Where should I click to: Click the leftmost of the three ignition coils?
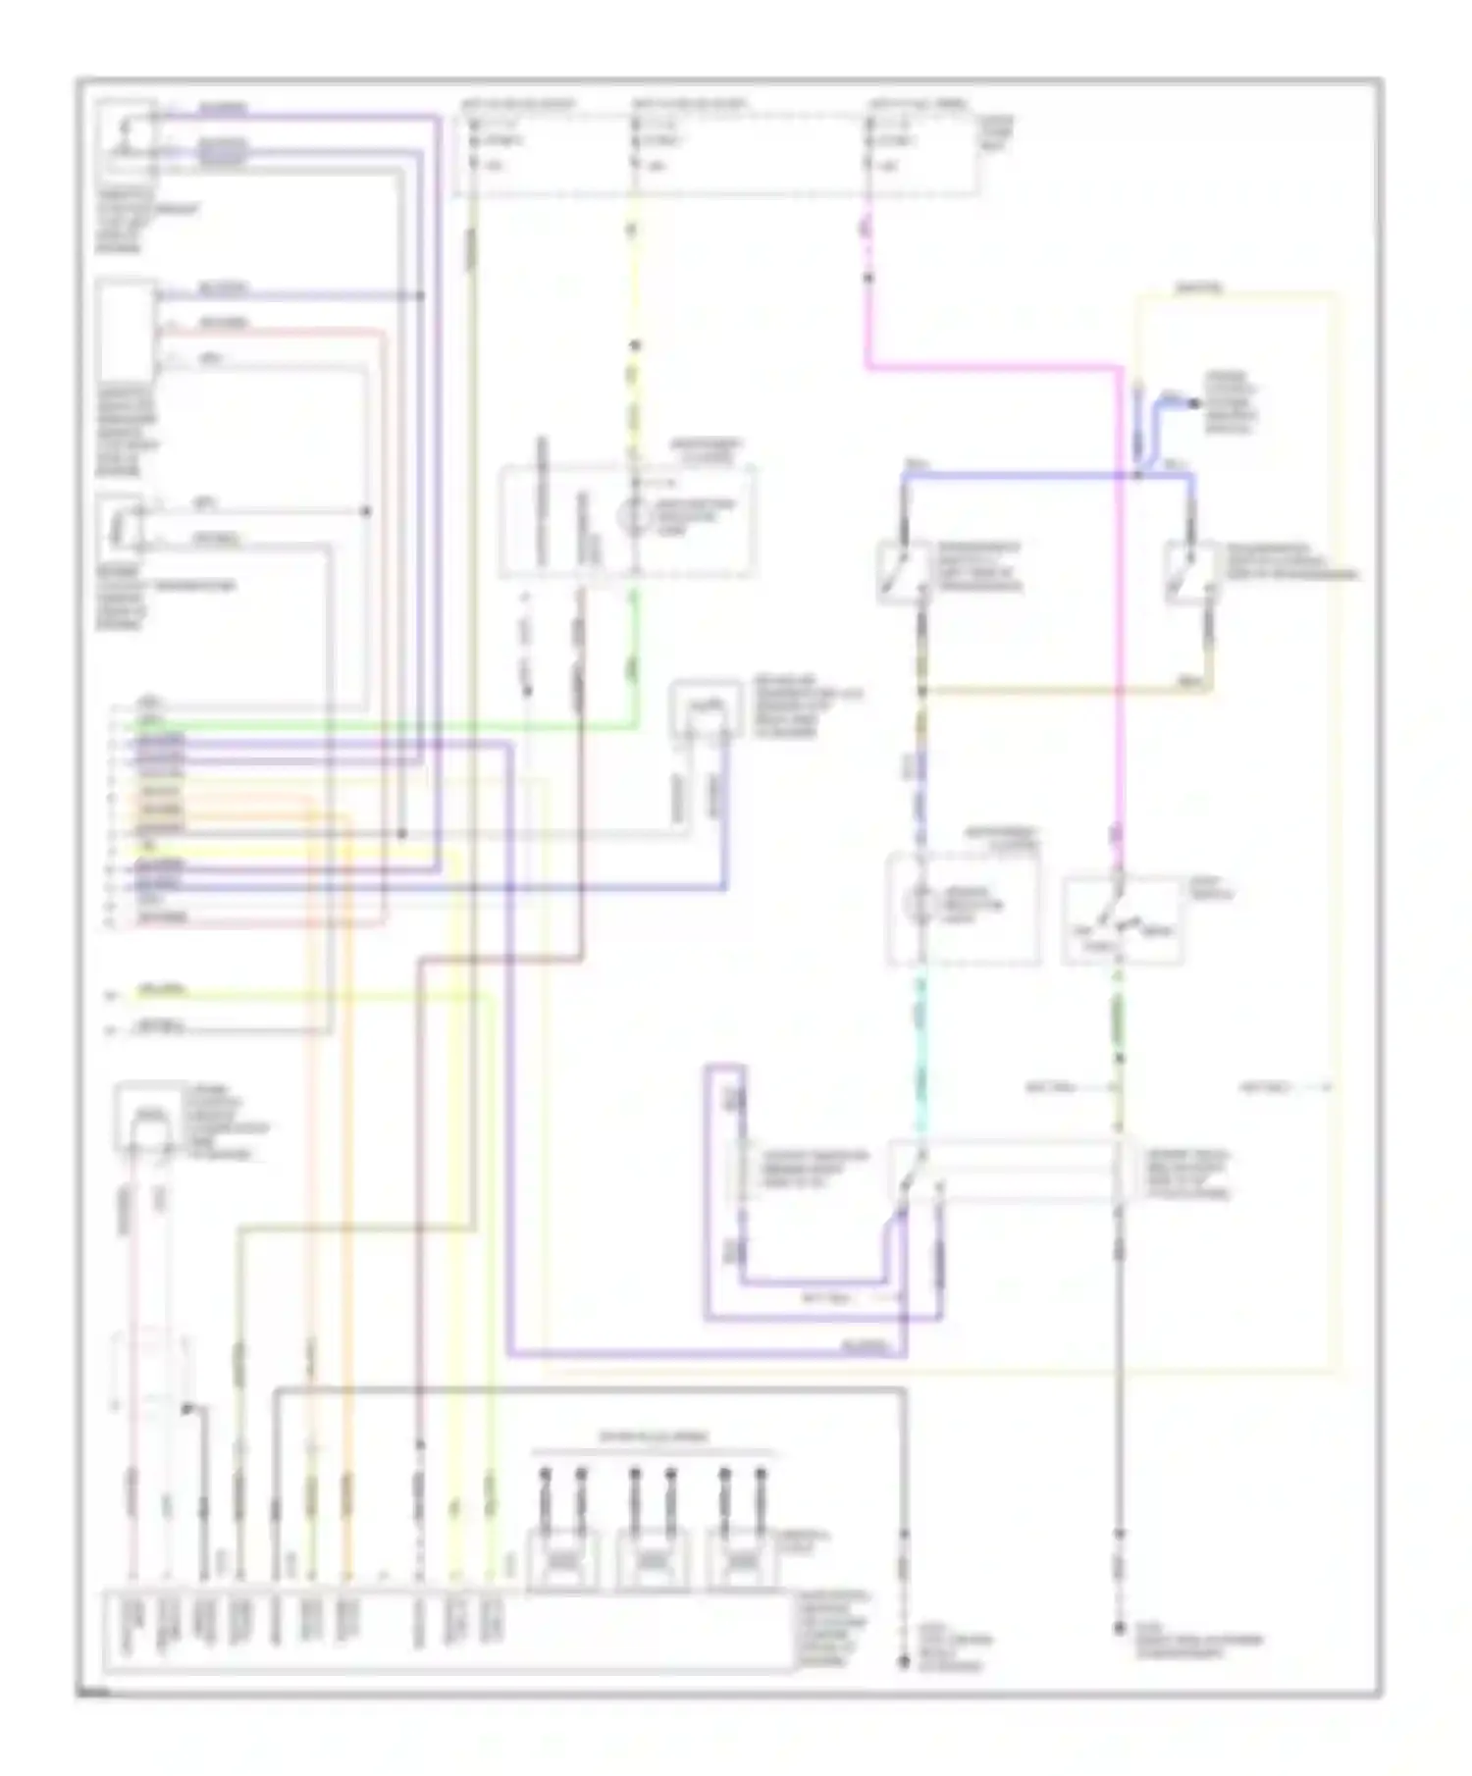[x=563, y=1559]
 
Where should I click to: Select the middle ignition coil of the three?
[x=654, y=1559]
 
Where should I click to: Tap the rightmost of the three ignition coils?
[x=744, y=1559]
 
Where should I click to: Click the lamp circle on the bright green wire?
[x=635, y=514]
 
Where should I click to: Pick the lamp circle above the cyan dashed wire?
[x=920, y=903]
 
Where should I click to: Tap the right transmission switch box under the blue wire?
[x=1190, y=572]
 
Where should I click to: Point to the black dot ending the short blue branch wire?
[x=1194, y=402]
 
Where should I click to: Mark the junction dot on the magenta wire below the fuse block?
[x=868, y=279]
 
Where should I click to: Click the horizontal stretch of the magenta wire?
[x=991, y=369]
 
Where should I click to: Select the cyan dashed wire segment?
[x=920, y=1060]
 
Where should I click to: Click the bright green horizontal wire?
[x=373, y=727]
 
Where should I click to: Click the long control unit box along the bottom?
[x=447, y=1630]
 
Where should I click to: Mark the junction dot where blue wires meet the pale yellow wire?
[x=1138, y=476]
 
